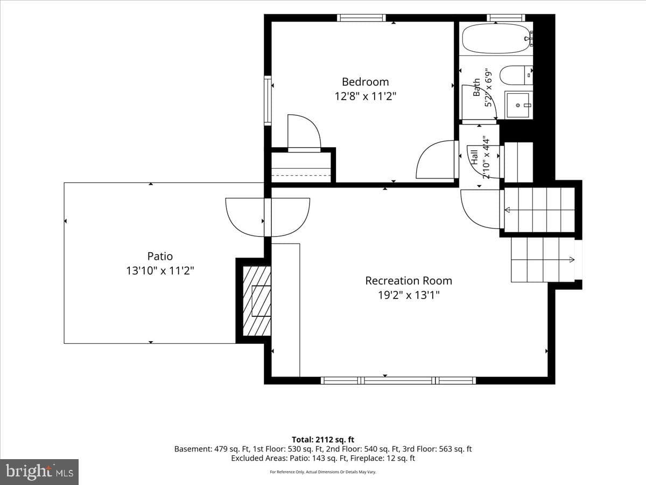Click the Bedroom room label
point(365,82)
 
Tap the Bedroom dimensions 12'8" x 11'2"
point(365,96)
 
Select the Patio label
point(160,256)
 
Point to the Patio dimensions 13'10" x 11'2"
point(160,271)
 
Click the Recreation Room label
point(409,281)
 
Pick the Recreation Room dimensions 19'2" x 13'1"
point(409,295)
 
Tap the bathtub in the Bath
point(497,39)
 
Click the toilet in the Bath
point(516,75)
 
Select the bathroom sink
point(518,105)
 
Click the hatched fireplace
point(257,301)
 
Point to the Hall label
point(474,157)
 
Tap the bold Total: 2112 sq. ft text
point(323,440)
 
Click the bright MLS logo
point(39,472)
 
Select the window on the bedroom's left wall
point(268,100)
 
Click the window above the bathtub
point(505,18)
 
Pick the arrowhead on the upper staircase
point(508,210)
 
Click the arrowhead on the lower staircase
point(572,260)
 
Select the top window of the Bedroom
point(361,18)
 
